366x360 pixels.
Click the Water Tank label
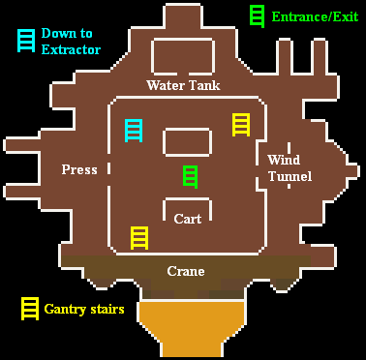pyautogui.click(x=183, y=85)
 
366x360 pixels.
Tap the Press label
pyautogui.click(x=79, y=169)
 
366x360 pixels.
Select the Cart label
pyautogui.click(x=188, y=219)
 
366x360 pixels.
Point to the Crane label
pyautogui.click(x=186, y=271)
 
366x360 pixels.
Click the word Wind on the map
pyautogui.click(x=284, y=160)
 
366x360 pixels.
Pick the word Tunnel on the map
pyautogui.click(x=290, y=176)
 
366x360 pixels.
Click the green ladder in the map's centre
pyautogui.click(x=191, y=176)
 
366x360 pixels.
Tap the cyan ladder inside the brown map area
pyautogui.click(x=135, y=130)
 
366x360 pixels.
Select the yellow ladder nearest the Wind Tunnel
pyautogui.click(x=241, y=124)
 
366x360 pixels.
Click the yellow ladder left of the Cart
pyautogui.click(x=139, y=237)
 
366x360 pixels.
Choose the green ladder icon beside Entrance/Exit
pyautogui.click(x=258, y=15)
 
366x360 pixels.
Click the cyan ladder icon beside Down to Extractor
pyautogui.click(x=24, y=40)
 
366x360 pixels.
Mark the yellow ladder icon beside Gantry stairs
pyautogui.click(x=30, y=309)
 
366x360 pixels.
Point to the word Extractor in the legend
pyautogui.click(x=71, y=49)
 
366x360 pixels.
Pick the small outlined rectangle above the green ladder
pyautogui.click(x=187, y=142)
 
